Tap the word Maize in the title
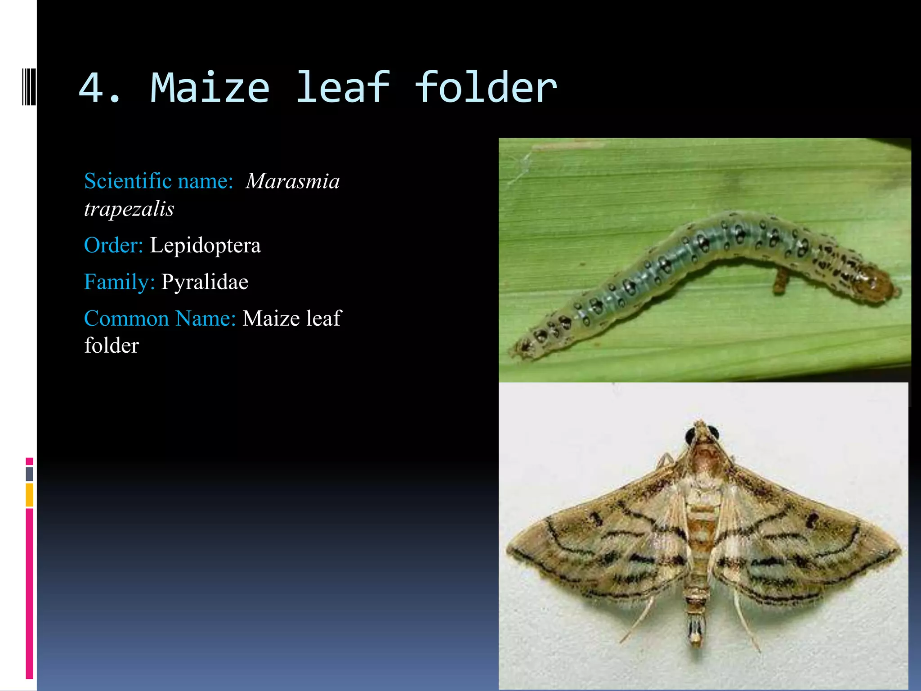pos(210,88)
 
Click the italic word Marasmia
pos(293,181)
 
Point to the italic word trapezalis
pos(129,209)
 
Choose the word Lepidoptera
pos(205,246)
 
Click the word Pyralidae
pos(205,282)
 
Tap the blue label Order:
pos(113,246)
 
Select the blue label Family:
pos(119,282)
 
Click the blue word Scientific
pos(128,181)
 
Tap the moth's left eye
pos(690,435)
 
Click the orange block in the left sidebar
pos(30,495)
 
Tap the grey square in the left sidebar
pos(30,474)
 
